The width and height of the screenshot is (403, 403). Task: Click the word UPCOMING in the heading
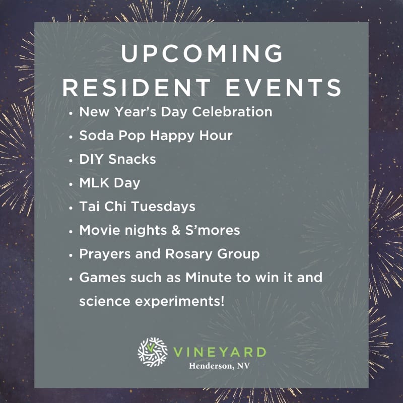pyautogui.click(x=202, y=53)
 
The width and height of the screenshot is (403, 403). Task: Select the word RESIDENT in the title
pyautogui.click(x=137, y=88)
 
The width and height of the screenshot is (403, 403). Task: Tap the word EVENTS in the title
pyautogui.click(x=284, y=88)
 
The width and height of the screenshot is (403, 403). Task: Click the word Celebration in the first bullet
pyautogui.click(x=232, y=112)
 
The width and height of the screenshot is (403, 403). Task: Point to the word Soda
pyautogui.click(x=97, y=136)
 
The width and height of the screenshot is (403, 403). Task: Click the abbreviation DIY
pyautogui.click(x=91, y=159)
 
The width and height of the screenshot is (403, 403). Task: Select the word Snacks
pyautogui.click(x=132, y=159)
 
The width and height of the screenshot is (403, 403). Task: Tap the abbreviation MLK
pyautogui.click(x=94, y=183)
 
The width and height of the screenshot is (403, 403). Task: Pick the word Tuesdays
pyautogui.click(x=163, y=207)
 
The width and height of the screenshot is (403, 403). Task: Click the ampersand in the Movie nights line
pyautogui.click(x=176, y=230)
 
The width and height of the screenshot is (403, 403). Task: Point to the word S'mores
pyautogui.click(x=213, y=230)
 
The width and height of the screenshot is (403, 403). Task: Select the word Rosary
pyautogui.click(x=189, y=254)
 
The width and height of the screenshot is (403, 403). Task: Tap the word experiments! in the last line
pyautogui.click(x=180, y=301)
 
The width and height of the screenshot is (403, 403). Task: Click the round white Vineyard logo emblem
pyautogui.click(x=153, y=352)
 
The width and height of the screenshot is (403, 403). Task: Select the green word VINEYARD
pyautogui.click(x=220, y=352)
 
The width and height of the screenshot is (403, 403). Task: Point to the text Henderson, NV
pyautogui.click(x=220, y=366)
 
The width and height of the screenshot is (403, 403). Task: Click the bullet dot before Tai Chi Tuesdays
pyautogui.click(x=71, y=208)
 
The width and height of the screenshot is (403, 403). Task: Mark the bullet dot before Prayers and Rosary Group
pyautogui.click(x=71, y=255)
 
